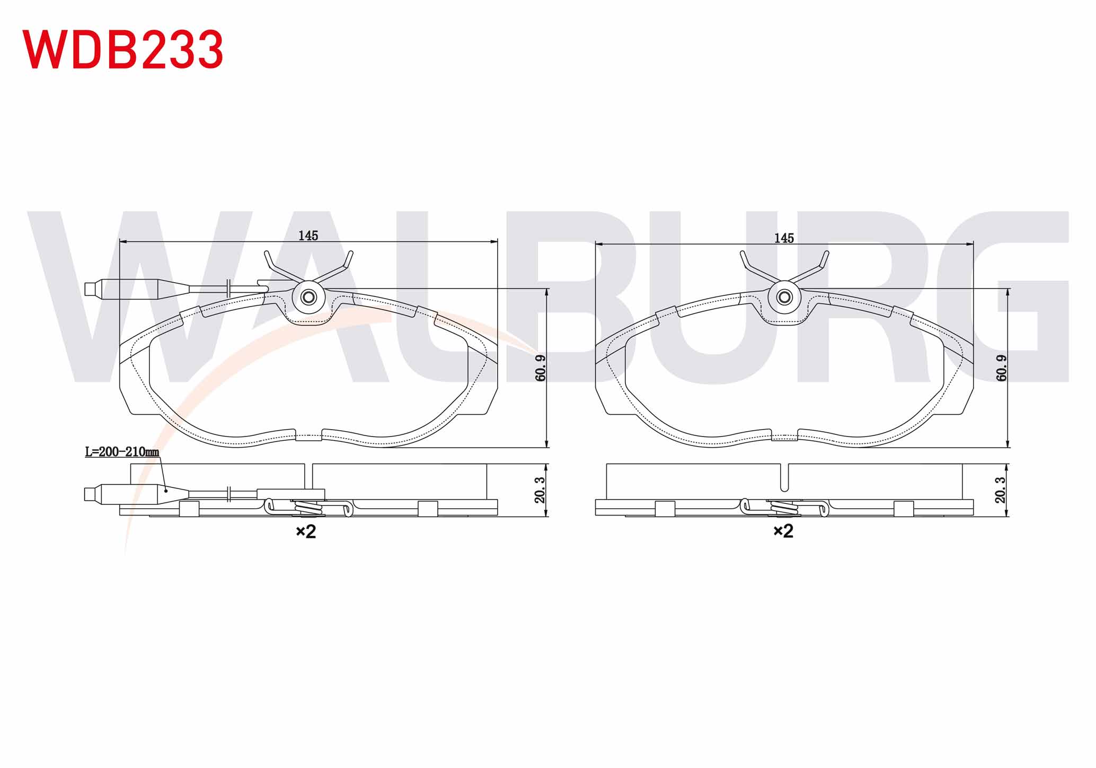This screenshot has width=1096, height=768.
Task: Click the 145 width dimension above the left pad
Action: click(308, 235)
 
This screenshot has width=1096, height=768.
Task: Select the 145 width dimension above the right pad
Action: click(784, 238)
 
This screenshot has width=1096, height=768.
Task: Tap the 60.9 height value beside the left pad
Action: click(541, 368)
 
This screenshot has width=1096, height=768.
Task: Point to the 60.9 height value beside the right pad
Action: click(1002, 368)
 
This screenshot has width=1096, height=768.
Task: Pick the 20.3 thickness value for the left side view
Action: click(540, 490)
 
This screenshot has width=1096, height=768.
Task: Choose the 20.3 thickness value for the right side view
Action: click(1001, 490)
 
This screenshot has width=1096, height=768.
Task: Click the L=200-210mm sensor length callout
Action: click(122, 452)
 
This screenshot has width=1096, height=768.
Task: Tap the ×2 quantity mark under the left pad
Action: click(306, 531)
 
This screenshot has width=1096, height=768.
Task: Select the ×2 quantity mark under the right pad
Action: click(783, 531)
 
